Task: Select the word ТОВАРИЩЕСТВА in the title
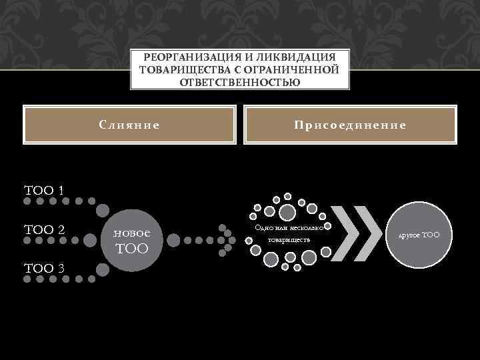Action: coord(177,70)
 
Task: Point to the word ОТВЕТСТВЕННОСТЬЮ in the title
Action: coord(240,82)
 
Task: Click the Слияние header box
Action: coord(129,125)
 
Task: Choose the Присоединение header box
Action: coord(351,125)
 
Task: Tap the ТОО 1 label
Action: coord(44,190)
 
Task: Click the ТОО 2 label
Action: coord(44,230)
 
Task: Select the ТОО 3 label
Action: coord(44,269)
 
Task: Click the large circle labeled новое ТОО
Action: coord(133,239)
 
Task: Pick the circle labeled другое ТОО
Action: coord(419,235)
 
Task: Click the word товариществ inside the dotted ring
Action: coord(287,240)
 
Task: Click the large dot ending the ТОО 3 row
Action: coord(103,269)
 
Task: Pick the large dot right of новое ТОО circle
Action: coord(173,238)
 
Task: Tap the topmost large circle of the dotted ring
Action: coord(287,213)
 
